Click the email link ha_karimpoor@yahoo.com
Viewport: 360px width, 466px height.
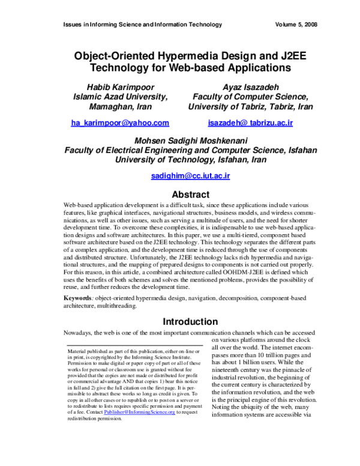(120, 123)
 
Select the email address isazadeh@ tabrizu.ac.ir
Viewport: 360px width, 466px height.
(250, 123)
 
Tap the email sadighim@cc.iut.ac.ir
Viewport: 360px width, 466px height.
(190, 176)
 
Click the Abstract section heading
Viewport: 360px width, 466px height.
(190, 195)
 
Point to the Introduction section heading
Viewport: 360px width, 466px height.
(190, 321)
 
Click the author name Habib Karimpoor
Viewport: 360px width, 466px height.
(120, 85)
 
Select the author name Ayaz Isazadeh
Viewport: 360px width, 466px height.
(250, 85)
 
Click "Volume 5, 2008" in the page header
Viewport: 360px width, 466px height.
(296, 25)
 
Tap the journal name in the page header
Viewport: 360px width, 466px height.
(142, 25)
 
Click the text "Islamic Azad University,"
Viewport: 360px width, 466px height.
(120, 96)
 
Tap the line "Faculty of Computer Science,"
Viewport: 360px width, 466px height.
(250, 96)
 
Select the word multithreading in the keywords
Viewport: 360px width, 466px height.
(112, 306)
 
